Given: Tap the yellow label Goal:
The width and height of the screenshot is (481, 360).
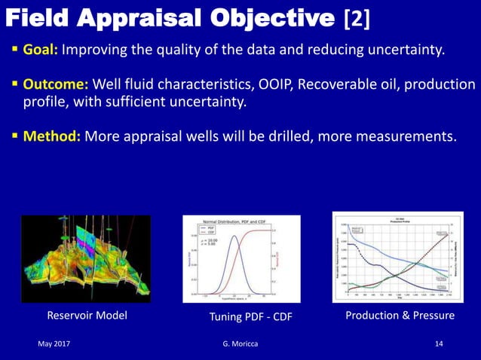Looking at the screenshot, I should click(41, 50).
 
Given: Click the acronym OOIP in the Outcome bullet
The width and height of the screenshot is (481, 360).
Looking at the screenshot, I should click(274, 84).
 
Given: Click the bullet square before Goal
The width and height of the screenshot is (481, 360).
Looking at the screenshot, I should click(14, 50).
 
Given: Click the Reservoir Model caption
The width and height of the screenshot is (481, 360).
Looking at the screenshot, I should click(87, 316).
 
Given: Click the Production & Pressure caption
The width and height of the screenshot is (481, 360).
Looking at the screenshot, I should click(400, 316).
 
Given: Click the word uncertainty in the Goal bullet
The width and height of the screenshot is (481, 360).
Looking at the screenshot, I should click(410, 50).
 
